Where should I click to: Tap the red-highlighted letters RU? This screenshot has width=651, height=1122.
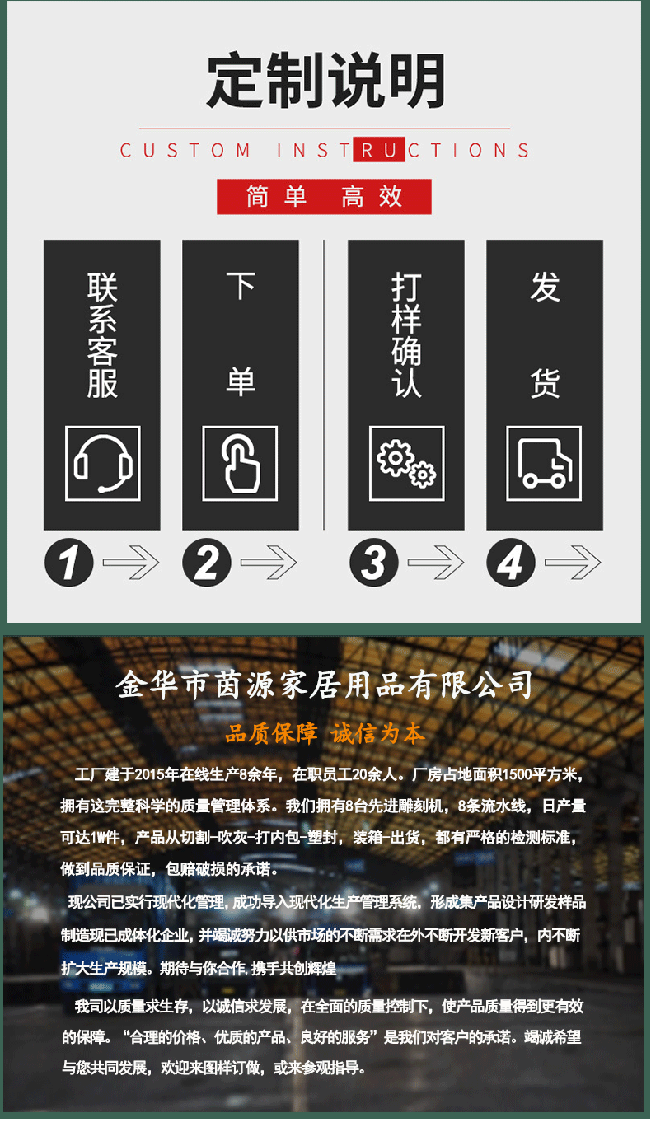379,149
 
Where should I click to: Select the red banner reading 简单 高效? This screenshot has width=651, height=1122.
324,196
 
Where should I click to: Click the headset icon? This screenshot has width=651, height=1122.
103,463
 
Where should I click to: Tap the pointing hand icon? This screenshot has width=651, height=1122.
240,463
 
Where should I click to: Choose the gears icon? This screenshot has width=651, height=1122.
406,463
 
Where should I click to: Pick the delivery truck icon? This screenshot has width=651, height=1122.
544,463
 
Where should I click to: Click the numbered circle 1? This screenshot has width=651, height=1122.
69,562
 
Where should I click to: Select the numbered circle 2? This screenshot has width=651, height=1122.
207,562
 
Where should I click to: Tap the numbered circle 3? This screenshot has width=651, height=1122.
374,562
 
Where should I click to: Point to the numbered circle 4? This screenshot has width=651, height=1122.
511,562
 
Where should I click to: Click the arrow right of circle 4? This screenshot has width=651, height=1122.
573,563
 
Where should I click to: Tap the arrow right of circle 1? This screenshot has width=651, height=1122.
131,563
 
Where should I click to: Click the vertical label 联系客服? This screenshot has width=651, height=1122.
102,335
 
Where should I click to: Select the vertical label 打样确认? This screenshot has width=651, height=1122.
406,335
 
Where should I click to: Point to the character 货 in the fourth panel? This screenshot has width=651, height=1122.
545,383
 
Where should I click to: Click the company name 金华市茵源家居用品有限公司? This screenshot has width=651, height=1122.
324,685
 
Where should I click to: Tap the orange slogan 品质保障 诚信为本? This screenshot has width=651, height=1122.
325,734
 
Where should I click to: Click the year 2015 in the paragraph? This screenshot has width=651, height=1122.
150,774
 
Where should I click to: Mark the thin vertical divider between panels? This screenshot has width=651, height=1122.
324,385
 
